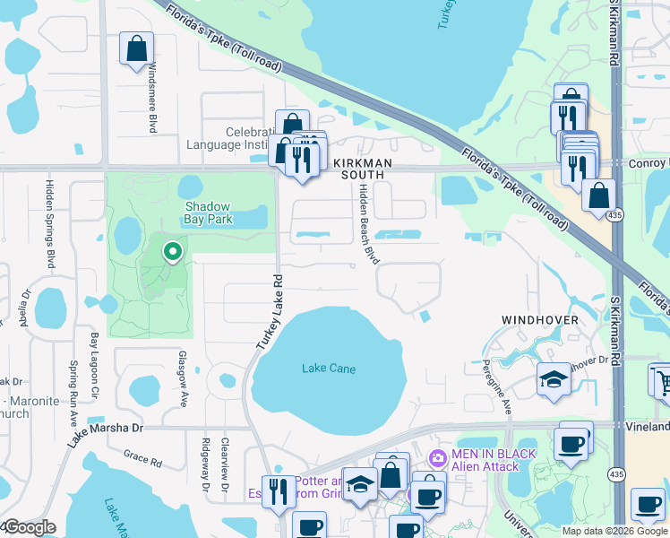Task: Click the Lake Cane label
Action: tap(329, 369)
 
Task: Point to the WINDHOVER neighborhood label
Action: tap(539, 320)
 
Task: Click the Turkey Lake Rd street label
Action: tap(266, 310)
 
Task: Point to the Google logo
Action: tap(29, 527)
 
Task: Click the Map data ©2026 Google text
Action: tap(614, 531)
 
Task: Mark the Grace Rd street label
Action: tap(142, 459)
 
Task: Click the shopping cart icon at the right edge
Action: tap(660, 380)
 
